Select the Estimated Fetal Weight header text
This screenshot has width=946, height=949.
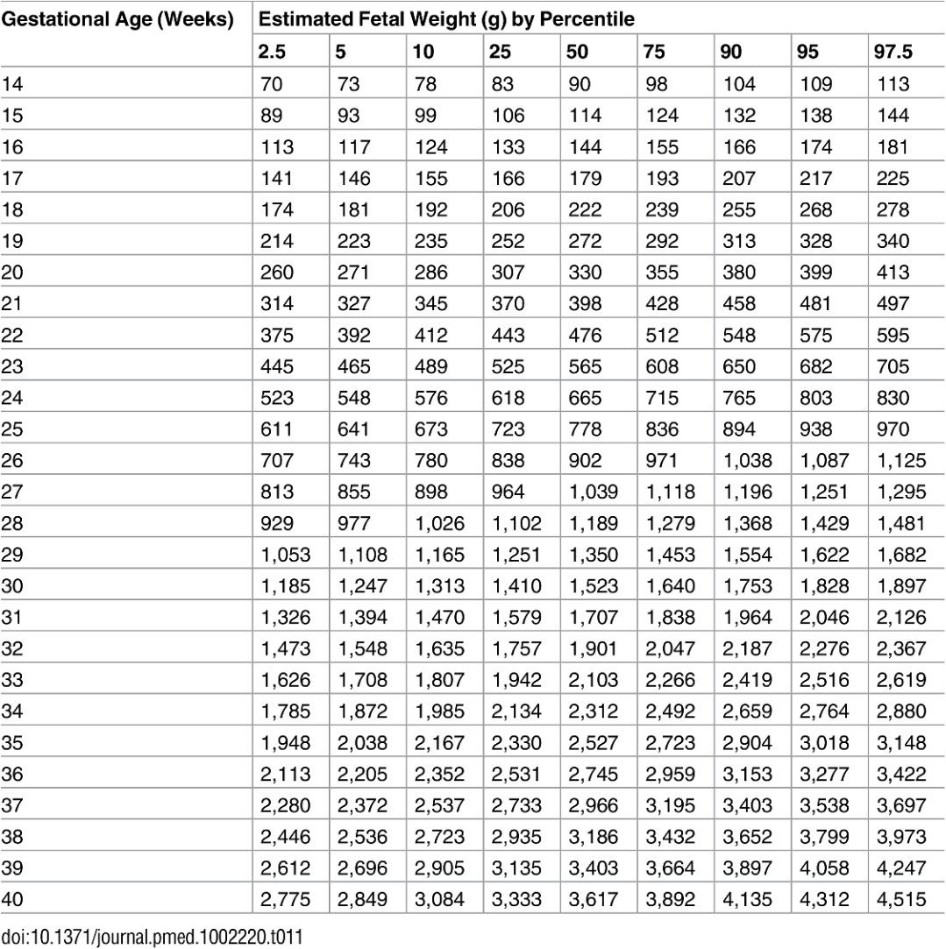click(x=445, y=18)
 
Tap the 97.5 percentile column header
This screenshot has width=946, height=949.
click(x=893, y=52)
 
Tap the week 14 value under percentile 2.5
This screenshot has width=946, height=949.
click(x=273, y=85)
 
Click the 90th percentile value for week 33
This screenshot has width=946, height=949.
click(x=746, y=679)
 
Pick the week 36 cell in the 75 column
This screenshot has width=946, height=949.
click(x=671, y=773)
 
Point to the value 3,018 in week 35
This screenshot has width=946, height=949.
click(x=823, y=742)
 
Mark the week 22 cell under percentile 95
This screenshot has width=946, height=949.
click(x=815, y=336)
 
